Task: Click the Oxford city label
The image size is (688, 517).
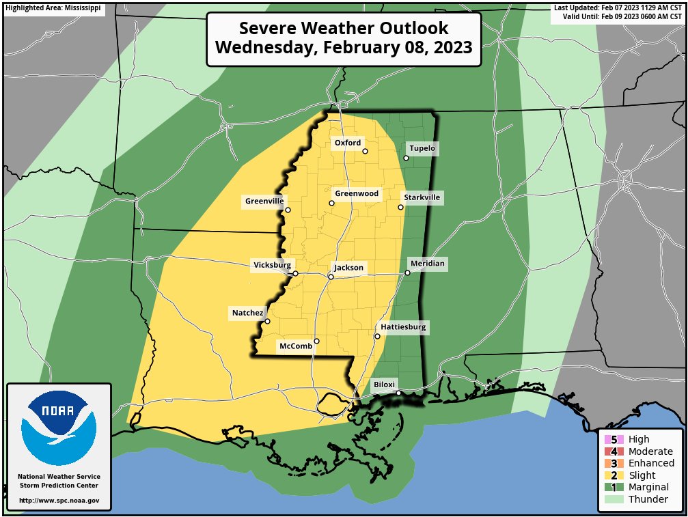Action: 347,143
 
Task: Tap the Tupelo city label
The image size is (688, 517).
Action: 422,148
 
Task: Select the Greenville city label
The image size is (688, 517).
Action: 264,201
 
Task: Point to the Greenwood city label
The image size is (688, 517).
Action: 356,194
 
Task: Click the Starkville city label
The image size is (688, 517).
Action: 422,198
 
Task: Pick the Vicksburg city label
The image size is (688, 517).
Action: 272,265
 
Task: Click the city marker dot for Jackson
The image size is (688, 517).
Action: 331,277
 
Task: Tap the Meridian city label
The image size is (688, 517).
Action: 427,264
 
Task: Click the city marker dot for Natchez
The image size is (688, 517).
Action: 267,321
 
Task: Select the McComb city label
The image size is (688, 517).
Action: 297,346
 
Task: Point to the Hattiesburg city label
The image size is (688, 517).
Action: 403,327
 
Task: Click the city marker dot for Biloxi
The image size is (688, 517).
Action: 399,393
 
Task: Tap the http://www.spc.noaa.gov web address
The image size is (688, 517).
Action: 59,501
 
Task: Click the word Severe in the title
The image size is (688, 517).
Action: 267,29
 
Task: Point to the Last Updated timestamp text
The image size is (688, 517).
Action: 618,8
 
